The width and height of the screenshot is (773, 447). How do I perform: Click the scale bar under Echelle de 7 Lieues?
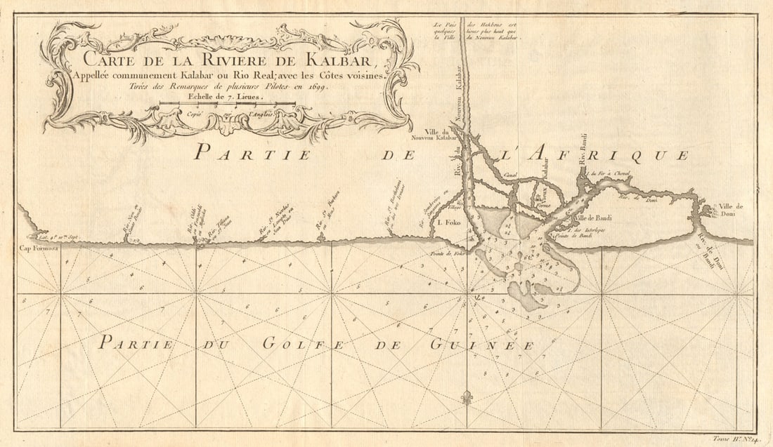(226, 104)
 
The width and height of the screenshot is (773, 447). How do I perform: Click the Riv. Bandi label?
(582, 152)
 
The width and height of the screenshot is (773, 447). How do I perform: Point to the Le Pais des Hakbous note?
(476, 32)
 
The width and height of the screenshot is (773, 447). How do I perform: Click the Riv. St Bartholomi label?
(393, 204)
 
